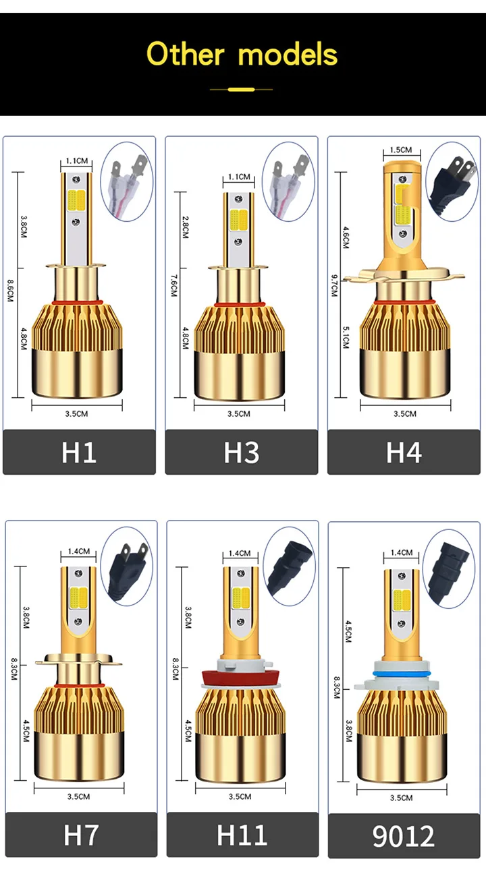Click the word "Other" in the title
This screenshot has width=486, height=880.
185,54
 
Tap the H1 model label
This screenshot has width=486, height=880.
79,452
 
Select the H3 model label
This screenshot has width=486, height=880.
242,452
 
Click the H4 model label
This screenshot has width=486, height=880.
404,452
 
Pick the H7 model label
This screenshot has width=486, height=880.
80,835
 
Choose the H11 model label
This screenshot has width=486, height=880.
242,835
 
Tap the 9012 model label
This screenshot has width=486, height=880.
404,836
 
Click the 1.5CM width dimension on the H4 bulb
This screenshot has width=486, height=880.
401,150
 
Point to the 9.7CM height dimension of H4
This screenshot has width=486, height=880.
334,286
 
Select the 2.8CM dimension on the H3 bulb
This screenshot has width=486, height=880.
185,227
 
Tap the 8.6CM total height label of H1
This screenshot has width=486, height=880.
10,291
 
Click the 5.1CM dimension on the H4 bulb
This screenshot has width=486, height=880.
346,337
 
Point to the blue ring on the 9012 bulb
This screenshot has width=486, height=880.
402,674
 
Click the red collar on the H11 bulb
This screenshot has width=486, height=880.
241,677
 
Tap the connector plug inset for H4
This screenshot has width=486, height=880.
452,182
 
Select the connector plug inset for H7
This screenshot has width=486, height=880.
126,566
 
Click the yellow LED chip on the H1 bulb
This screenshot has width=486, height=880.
76,200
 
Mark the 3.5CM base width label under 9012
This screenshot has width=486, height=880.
401,798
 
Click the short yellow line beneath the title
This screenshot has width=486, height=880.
241,90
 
